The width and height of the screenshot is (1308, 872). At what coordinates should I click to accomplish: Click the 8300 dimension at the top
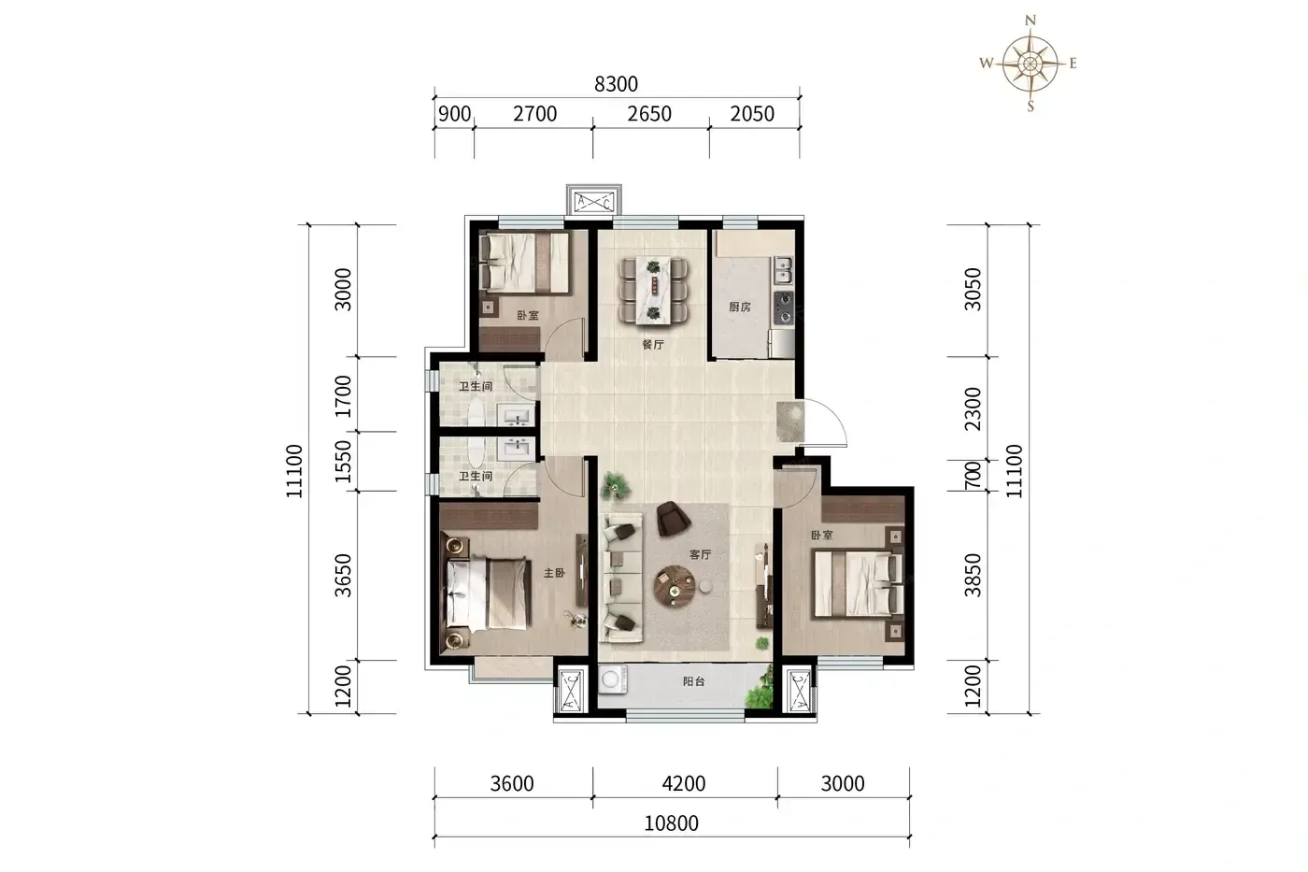(x=616, y=84)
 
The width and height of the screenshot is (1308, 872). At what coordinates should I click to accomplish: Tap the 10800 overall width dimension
(x=671, y=823)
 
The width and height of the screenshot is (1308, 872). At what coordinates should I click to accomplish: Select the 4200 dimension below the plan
(x=683, y=783)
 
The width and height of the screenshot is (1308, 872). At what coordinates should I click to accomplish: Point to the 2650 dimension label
(x=649, y=113)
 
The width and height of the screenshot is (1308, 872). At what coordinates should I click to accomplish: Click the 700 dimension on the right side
(x=973, y=475)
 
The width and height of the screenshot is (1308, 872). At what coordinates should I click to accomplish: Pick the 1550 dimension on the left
(x=344, y=462)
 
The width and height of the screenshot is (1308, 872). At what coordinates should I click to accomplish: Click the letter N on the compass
(x=1030, y=21)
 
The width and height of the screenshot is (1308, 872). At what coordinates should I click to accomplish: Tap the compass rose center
(x=1030, y=63)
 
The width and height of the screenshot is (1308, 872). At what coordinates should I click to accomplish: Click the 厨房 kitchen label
(x=739, y=307)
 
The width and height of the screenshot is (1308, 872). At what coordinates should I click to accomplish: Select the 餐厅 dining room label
(x=653, y=345)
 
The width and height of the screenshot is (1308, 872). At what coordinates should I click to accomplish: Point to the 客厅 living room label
(x=700, y=554)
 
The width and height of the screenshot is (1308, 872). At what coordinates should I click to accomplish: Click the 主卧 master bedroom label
(x=554, y=573)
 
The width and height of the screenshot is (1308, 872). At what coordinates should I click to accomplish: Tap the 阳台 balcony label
(x=693, y=681)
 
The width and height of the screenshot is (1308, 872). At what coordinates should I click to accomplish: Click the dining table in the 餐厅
(x=653, y=291)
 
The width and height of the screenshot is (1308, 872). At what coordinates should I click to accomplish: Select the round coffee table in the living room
(x=675, y=586)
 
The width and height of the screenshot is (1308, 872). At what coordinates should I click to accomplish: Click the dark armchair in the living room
(x=674, y=519)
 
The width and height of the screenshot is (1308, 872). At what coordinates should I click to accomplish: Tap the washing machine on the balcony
(x=613, y=679)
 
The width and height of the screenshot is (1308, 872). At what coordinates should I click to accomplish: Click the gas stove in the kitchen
(x=784, y=308)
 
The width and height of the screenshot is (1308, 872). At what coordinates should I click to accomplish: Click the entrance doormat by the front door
(x=790, y=422)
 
